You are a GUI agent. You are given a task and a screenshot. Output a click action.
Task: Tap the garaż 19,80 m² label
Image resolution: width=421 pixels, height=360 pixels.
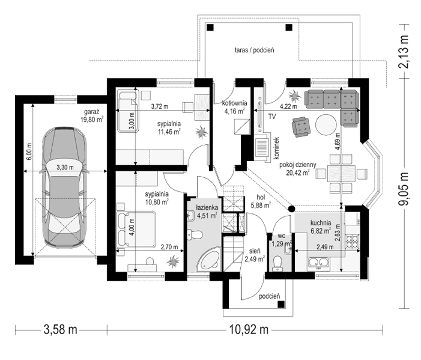(92, 115)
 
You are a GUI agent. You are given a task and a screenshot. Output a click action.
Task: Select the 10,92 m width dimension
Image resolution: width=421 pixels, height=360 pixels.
(249, 329)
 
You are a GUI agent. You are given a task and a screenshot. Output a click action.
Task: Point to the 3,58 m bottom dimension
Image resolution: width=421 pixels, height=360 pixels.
(61, 329)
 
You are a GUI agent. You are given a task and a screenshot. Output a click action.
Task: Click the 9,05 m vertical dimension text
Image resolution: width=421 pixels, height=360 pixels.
(403, 189)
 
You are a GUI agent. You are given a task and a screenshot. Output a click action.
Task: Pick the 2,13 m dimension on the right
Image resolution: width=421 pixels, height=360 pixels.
(403, 52)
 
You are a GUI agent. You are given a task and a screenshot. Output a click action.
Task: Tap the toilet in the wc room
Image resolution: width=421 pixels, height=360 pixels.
(277, 264)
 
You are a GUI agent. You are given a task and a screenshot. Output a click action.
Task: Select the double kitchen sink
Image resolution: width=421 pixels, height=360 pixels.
(319, 263)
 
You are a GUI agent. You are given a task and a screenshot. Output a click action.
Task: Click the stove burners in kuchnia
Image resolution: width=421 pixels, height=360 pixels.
(353, 241)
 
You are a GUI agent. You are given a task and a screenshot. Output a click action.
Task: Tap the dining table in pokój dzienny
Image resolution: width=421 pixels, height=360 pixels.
(341, 173)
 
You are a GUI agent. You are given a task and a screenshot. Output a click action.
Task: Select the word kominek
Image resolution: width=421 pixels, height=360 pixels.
(277, 148)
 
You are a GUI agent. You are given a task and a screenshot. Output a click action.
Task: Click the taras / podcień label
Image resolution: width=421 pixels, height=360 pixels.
(254, 50)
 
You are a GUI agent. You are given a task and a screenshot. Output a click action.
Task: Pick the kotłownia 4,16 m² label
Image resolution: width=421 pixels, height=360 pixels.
(234, 107)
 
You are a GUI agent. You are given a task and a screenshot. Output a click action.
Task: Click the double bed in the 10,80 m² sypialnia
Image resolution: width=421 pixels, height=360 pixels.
(136, 229)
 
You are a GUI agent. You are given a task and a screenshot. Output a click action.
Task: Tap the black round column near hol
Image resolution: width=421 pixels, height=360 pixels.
(291, 209)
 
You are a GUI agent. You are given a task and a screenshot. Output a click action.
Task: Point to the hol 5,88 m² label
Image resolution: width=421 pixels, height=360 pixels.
(261, 201)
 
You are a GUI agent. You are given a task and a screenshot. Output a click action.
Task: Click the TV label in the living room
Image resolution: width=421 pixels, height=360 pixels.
(272, 117)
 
